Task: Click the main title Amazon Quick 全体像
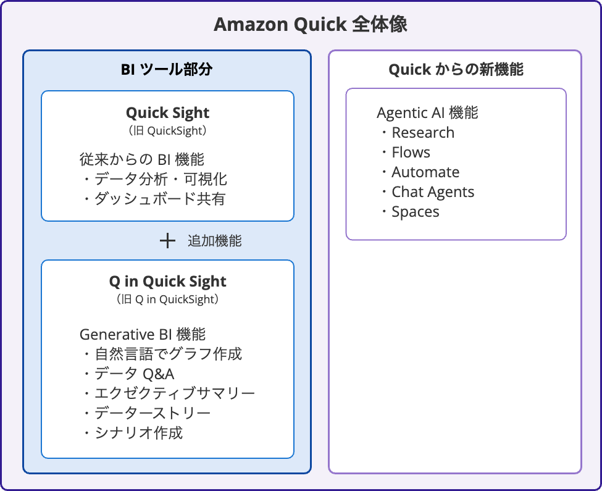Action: tap(310, 25)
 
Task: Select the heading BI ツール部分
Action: tap(167, 69)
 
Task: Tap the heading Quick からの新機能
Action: tap(456, 69)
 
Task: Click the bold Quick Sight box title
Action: tap(167, 112)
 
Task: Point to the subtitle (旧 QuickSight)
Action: tap(167, 130)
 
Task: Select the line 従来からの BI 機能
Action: tap(142, 159)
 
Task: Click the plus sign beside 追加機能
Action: tap(167, 241)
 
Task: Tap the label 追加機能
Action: tap(214, 241)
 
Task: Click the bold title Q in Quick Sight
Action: tap(167, 281)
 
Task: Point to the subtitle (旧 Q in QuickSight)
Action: tap(167, 300)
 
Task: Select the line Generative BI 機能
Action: tap(143, 334)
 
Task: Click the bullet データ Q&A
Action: tap(134, 374)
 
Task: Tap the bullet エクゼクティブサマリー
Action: tap(174, 393)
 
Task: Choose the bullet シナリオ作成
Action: tap(138, 432)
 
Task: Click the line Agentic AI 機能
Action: tap(427, 112)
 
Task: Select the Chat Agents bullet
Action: tap(432, 191)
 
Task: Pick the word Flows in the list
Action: tap(411, 152)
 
